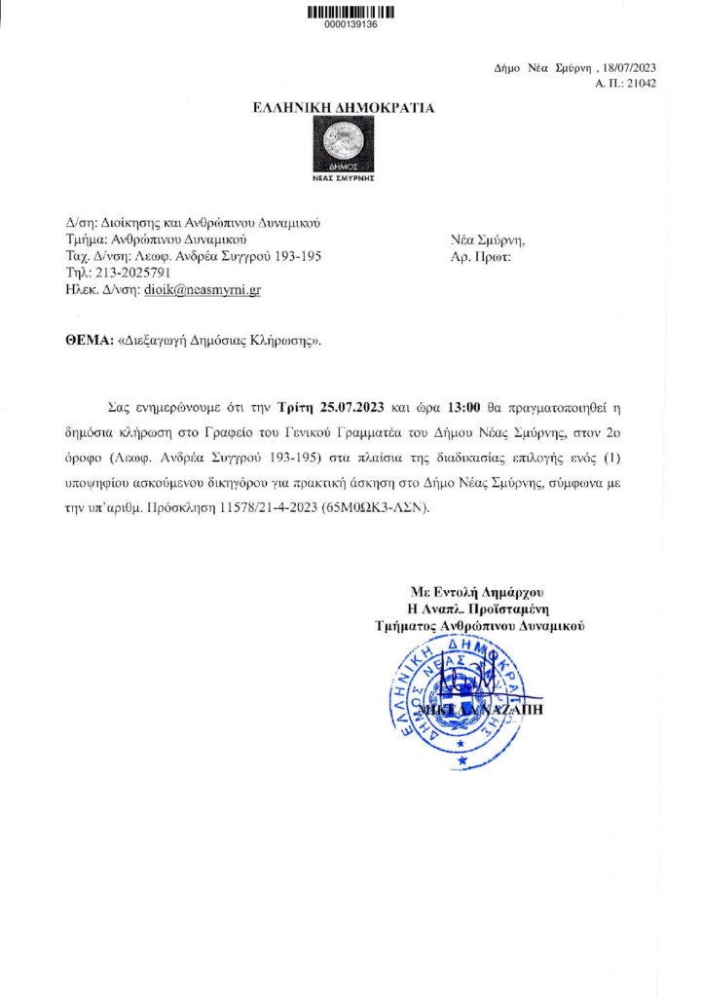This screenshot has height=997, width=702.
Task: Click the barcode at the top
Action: [x=351, y=13]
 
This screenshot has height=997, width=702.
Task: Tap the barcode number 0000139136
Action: [x=351, y=25]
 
